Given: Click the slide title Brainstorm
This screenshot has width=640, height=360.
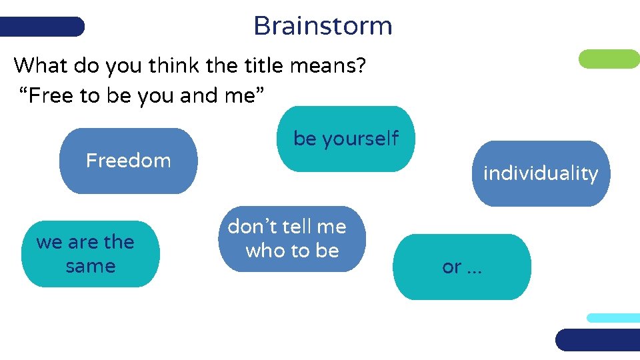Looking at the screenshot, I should (x=323, y=26).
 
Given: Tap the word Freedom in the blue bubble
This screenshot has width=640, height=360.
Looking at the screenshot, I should (x=128, y=161).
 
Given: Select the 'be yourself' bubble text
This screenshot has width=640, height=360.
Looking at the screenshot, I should (x=345, y=139).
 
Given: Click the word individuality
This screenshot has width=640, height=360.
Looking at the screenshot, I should (x=540, y=173).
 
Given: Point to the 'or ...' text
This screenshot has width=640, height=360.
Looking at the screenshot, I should (x=461, y=267).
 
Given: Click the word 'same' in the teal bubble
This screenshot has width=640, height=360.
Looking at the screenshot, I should (x=91, y=267).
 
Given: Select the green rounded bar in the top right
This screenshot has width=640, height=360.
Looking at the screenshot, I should (x=608, y=59).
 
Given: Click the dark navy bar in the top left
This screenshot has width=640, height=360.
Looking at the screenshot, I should (x=42, y=27).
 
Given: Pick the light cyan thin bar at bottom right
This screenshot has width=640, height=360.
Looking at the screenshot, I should (x=613, y=318).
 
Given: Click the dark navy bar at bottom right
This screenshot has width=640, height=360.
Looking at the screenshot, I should (x=597, y=340).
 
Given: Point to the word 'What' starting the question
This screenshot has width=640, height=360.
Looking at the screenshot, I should (x=38, y=65).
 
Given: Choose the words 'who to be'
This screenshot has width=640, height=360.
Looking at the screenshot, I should (x=292, y=251).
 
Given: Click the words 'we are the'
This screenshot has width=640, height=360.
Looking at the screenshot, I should (x=85, y=242).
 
